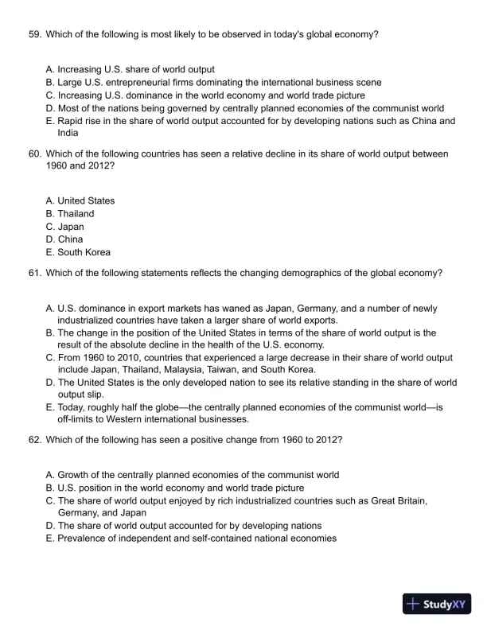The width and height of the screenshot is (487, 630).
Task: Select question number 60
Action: point(33,154)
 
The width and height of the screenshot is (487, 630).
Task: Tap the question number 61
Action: point(33,273)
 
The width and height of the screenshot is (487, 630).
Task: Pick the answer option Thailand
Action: point(76,214)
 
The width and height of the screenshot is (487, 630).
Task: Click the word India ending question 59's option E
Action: point(68,133)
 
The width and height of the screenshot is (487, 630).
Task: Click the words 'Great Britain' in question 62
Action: point(403,500)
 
